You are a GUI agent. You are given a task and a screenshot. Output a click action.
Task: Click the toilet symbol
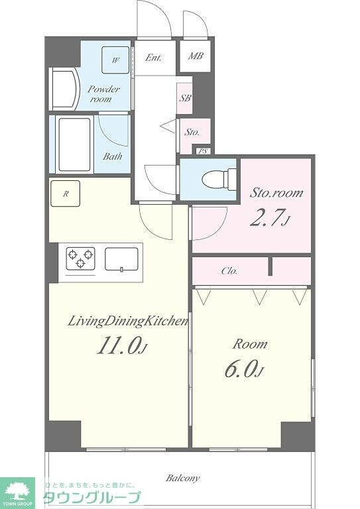coord(219,179)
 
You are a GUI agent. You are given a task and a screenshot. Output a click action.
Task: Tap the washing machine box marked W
coord(116,60)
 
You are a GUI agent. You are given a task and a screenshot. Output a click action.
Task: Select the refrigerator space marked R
coord(65,194)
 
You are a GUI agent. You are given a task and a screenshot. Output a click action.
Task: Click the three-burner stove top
coord(80,258)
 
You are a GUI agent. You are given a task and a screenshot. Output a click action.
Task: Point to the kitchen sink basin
coord(121,259)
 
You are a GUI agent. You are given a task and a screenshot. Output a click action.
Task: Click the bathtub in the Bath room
coord(74,144)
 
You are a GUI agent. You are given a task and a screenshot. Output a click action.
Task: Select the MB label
coord(196,56)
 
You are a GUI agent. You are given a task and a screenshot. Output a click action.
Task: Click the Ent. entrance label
coord(153,58)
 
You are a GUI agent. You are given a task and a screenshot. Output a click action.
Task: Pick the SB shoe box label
coord(186,97)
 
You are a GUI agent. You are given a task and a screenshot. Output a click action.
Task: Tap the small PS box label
coord(204,151)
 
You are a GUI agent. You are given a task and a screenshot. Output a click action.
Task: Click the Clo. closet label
coord(229,270)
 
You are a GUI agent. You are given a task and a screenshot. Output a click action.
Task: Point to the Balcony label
coord(183,478)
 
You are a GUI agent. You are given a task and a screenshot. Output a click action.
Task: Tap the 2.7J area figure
coord(269,217)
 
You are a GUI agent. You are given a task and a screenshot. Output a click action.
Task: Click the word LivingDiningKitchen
coord(128,321)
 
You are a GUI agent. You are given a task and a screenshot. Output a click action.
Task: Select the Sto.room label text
coord(276,193)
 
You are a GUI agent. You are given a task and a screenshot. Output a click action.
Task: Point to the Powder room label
coord(103,94)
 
